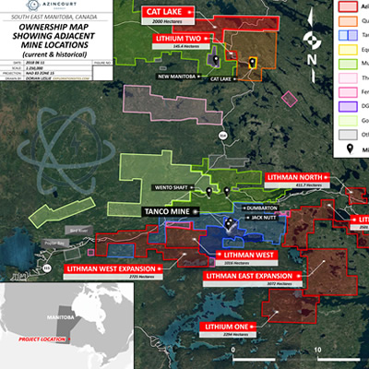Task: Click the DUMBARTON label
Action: point(268,208)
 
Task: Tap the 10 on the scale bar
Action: point(317,351)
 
